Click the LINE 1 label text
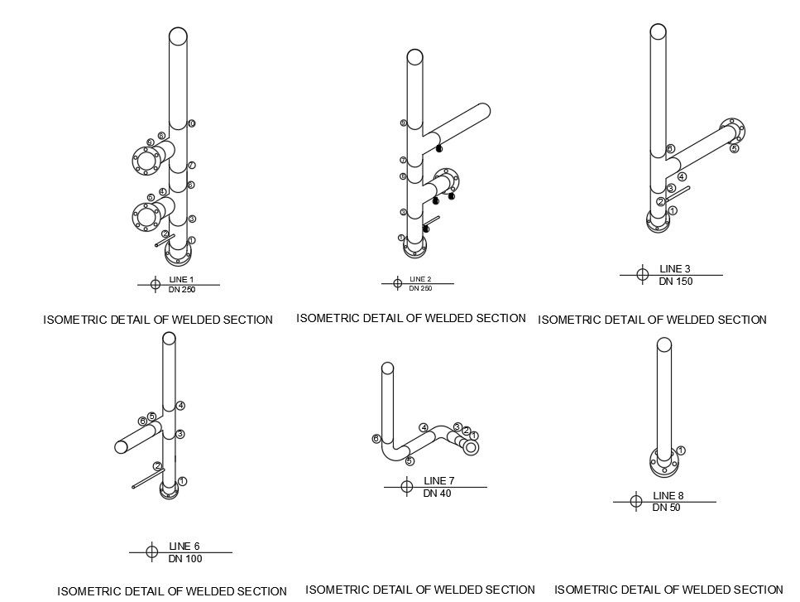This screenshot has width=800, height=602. click(181, 279)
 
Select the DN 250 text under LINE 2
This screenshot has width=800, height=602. click(420, 288)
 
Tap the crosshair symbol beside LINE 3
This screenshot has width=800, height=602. click(642, 274)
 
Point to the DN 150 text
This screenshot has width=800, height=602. click(675, 282)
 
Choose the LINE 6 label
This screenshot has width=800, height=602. click(184, 546)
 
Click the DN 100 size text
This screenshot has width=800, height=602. click(184, 559)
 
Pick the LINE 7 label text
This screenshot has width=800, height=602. click(438, 480)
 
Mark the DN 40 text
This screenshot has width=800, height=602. click(437, 494)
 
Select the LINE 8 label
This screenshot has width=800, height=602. click(668, 495)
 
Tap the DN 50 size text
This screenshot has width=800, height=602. click(666, 508)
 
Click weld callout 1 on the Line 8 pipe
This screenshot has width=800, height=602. click(681, 450)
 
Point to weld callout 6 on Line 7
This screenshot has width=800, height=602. click(376, 438)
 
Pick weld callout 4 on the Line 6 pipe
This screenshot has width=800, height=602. click(180, 405)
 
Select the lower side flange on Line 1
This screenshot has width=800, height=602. click(146, 217)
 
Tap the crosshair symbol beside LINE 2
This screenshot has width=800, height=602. click(398, 283)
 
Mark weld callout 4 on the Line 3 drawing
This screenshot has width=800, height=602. click(682, 176)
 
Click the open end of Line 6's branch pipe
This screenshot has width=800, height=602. click(121, 446)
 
